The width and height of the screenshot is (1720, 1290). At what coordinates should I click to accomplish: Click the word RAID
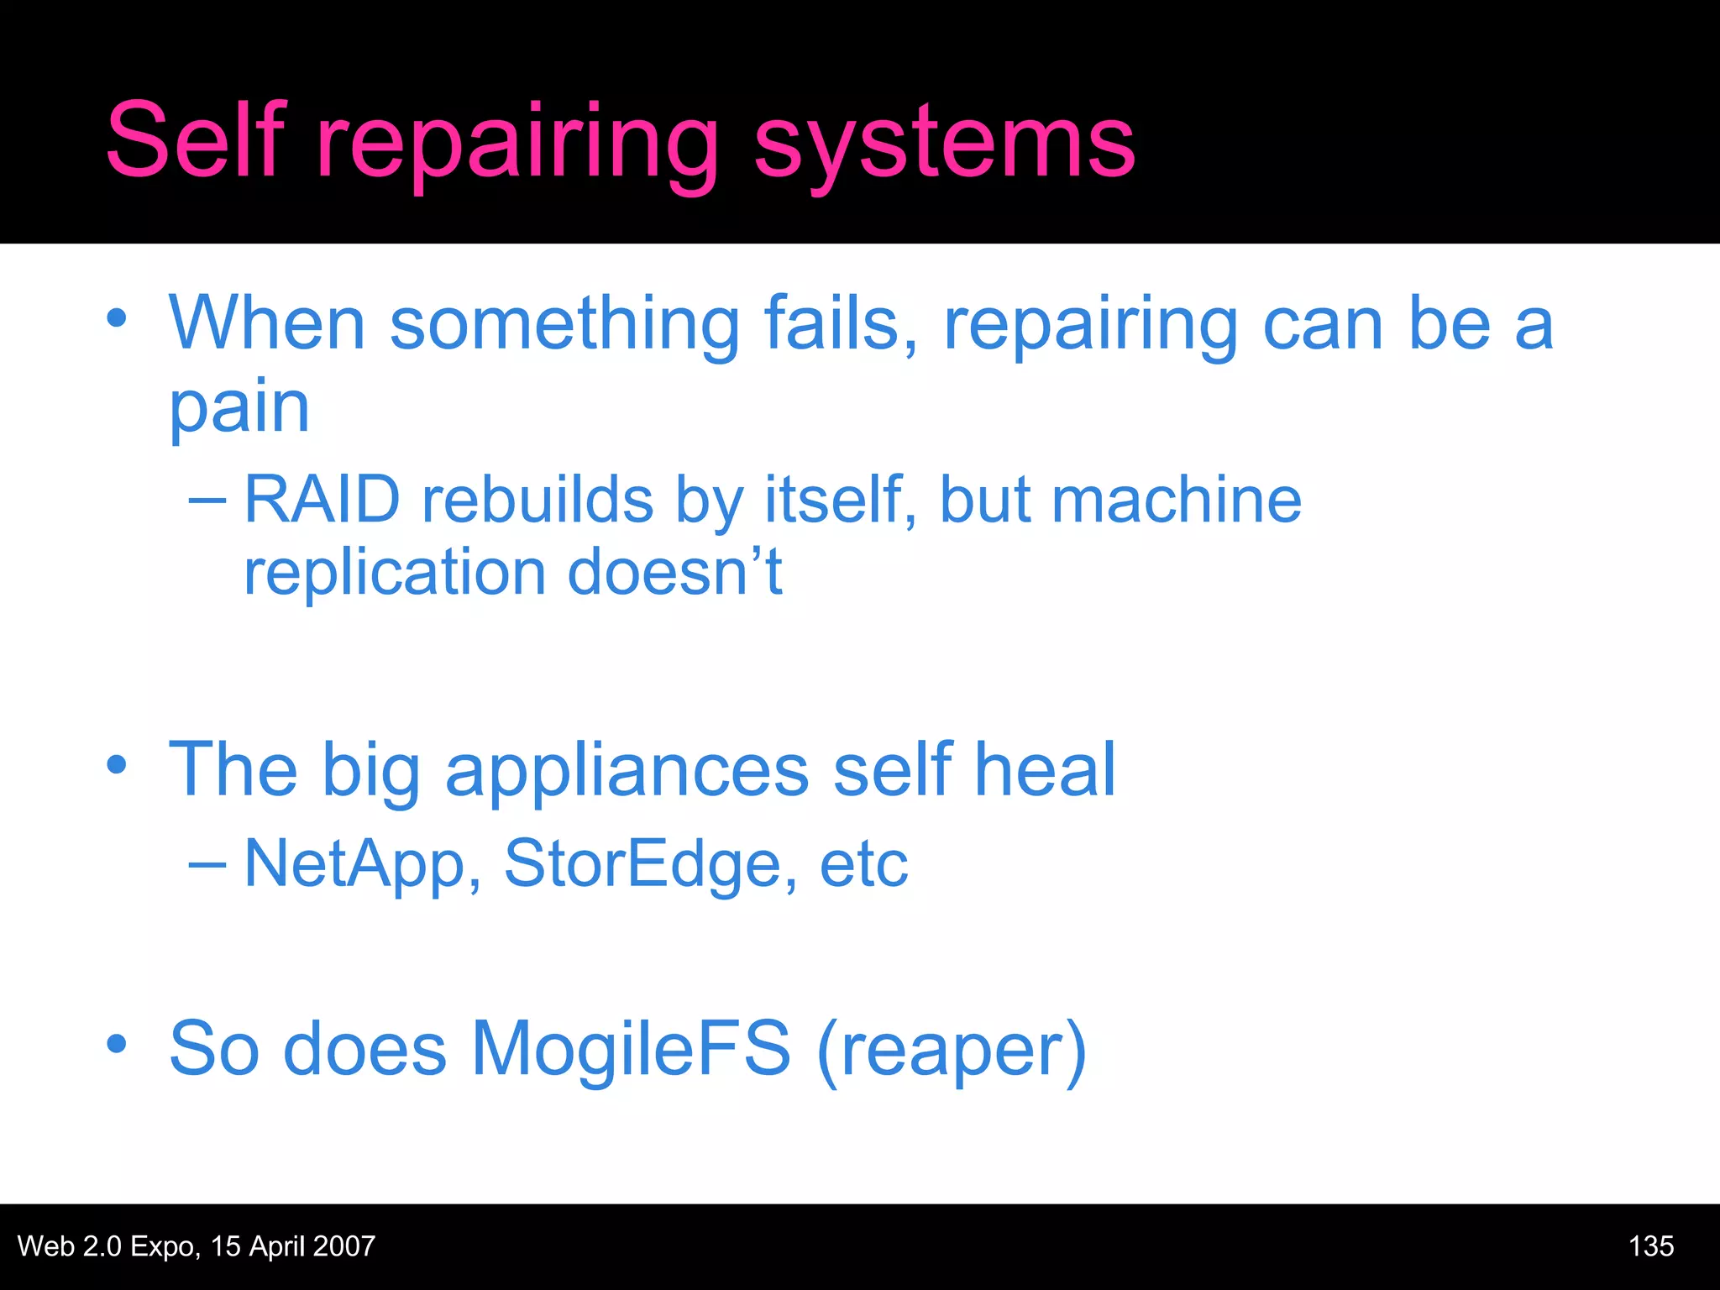pos(322,500)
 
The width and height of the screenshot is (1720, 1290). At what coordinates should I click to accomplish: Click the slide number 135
pos(1650,1245)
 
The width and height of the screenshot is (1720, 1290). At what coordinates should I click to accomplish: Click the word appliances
pos(627,773)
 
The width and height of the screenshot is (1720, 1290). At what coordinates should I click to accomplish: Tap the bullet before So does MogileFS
pos(117,1044)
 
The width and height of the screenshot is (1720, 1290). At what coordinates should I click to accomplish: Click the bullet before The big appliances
pos(117,765)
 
